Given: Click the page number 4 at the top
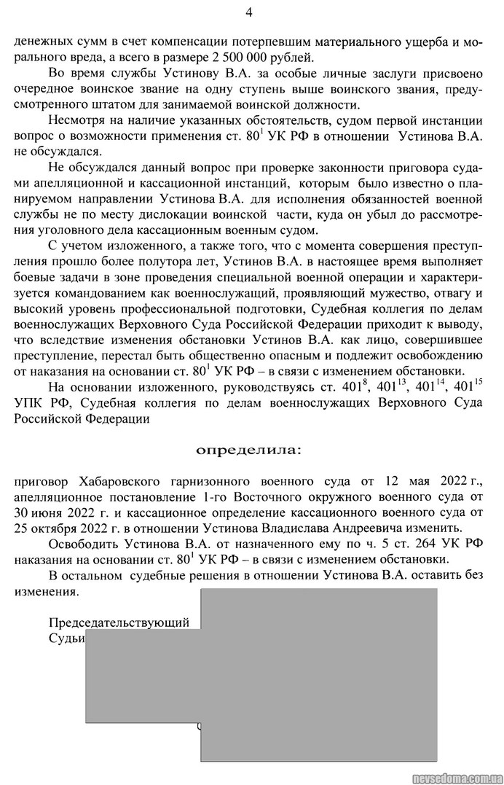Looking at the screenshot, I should [x=249, y=12].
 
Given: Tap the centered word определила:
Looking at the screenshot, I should [x=248, y=451].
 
